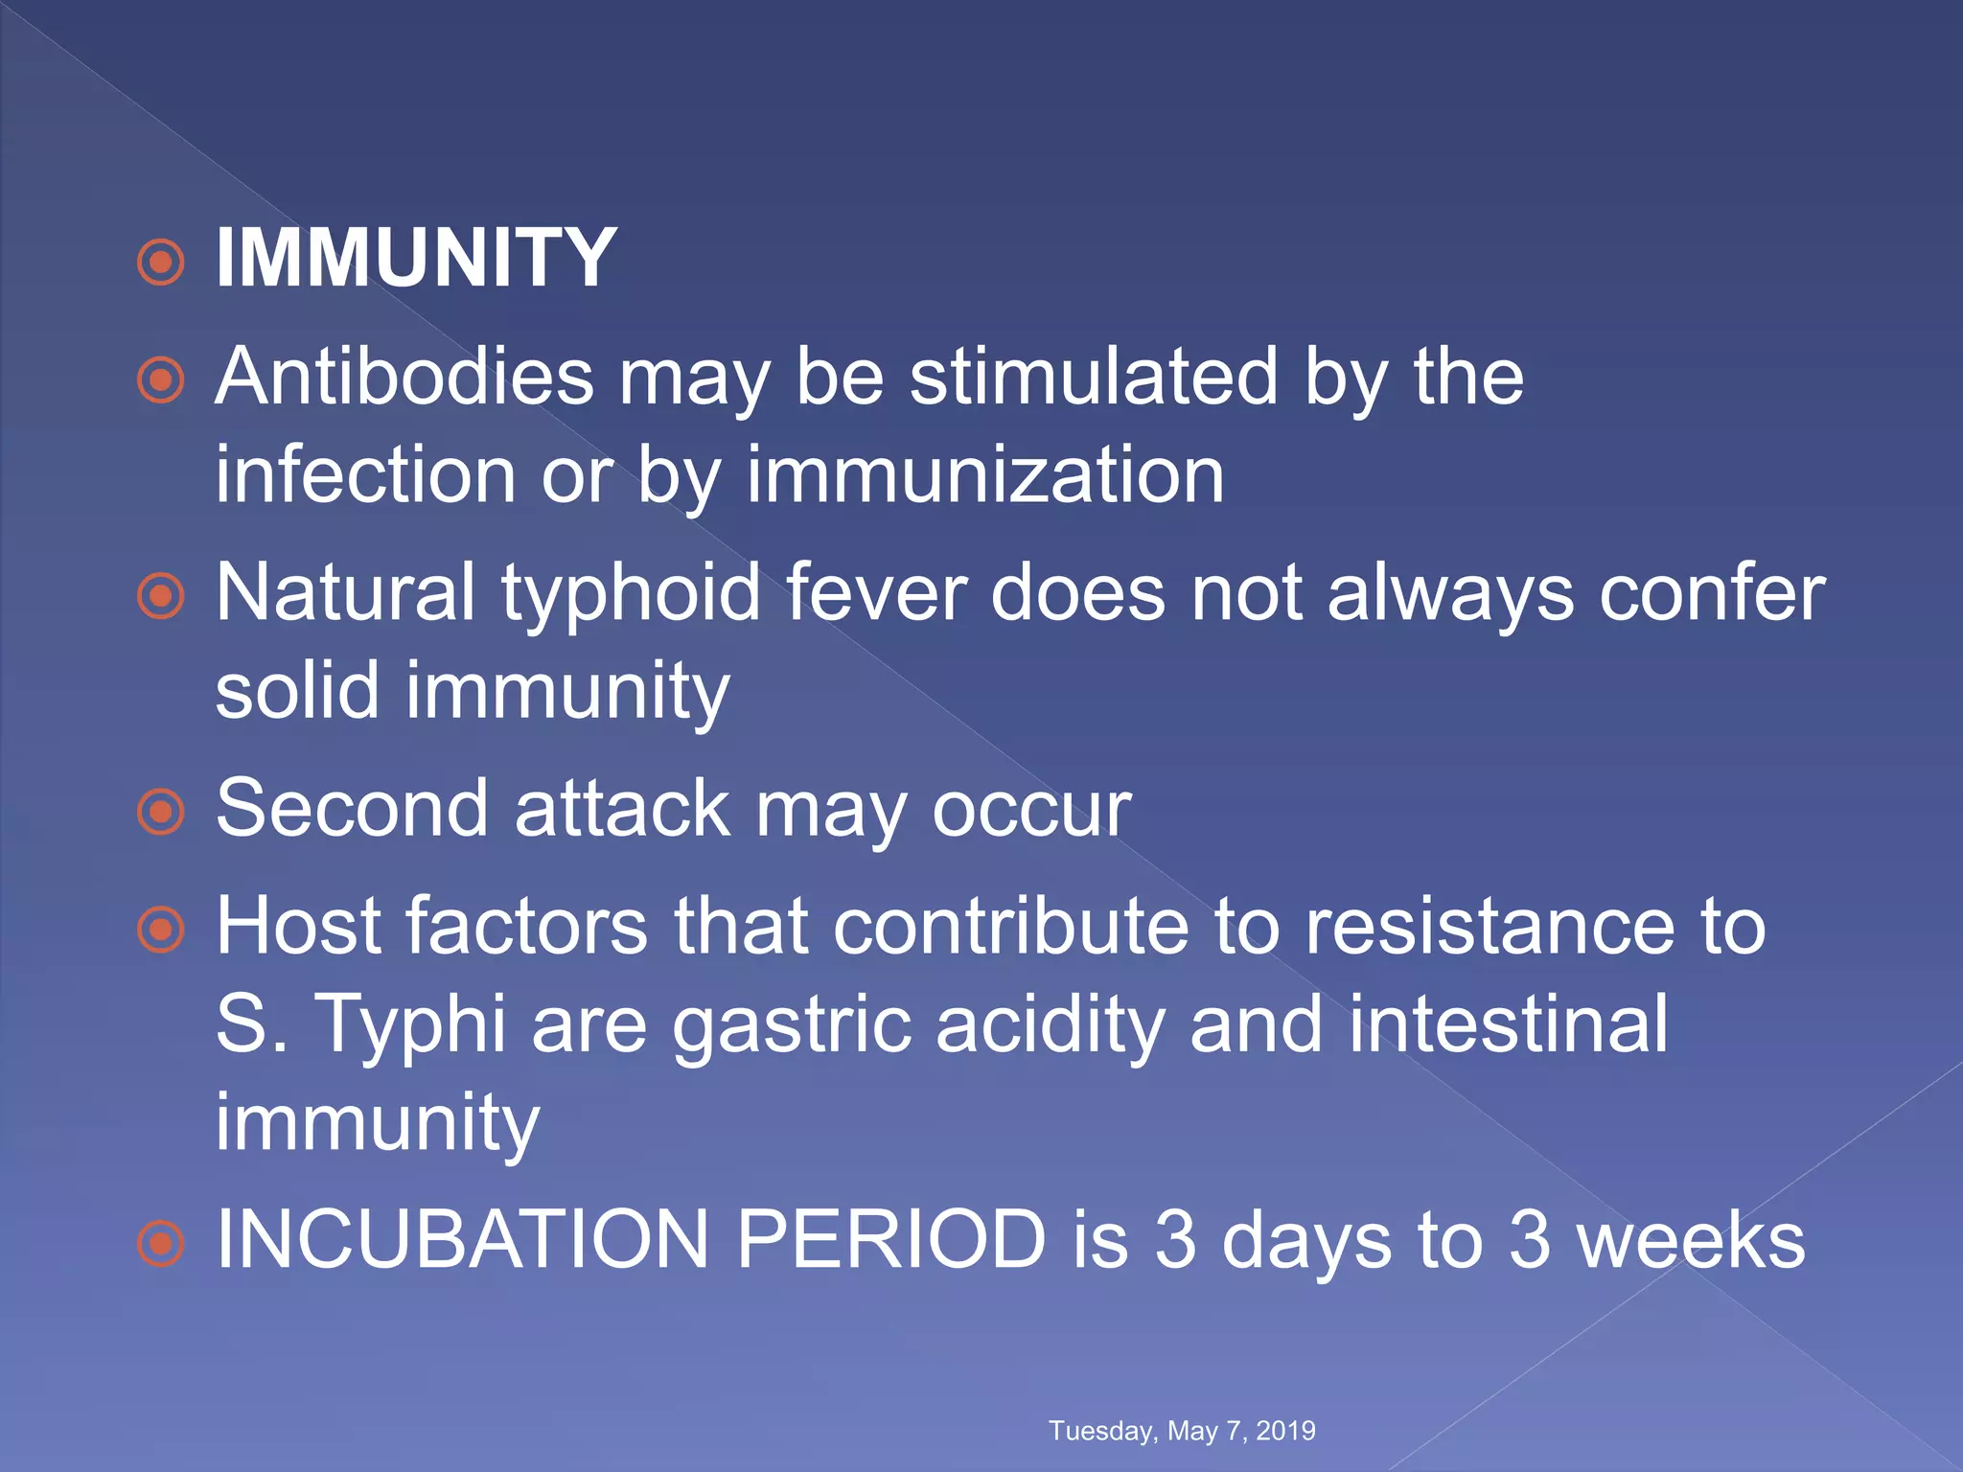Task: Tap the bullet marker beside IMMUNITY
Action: (x=160, y=262)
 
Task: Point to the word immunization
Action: (x=984, y=475)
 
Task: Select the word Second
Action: (x=352, y=810)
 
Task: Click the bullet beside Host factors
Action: (x=160, y=930)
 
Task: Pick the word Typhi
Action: (x=410, y=1025)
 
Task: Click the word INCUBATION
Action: (x=462, y=1240)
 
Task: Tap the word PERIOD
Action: (x=890, y=1240)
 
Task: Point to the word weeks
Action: (x=1691, y=1240)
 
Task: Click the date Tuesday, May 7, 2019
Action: (x=1182, y=1431)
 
